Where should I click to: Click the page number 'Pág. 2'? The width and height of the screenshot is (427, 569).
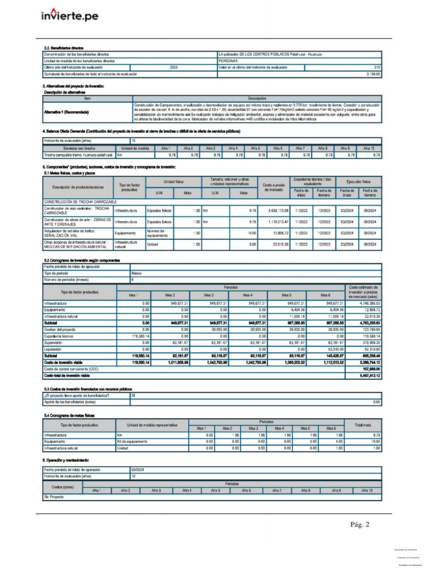point(360,524)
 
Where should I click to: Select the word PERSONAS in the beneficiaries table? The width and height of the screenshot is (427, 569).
point(229,61)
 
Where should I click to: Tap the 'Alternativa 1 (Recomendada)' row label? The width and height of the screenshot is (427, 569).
point(66,112)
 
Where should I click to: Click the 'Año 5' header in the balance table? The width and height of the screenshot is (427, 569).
point(255,148)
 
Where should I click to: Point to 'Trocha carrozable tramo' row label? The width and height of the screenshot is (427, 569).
point(78,156)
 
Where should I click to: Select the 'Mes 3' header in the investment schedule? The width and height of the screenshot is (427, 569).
point(209,295)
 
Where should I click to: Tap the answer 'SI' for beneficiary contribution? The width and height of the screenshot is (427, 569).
point(133,396)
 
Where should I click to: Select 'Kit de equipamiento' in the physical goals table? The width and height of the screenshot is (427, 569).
point(132,441)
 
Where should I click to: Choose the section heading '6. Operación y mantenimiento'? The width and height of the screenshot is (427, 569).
point(66,461)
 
